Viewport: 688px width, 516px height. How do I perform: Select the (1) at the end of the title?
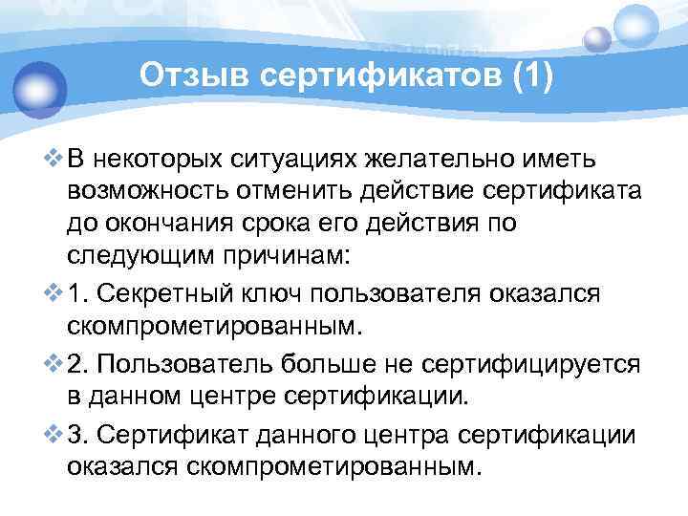532,75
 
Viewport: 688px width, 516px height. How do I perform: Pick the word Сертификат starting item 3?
167,432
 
